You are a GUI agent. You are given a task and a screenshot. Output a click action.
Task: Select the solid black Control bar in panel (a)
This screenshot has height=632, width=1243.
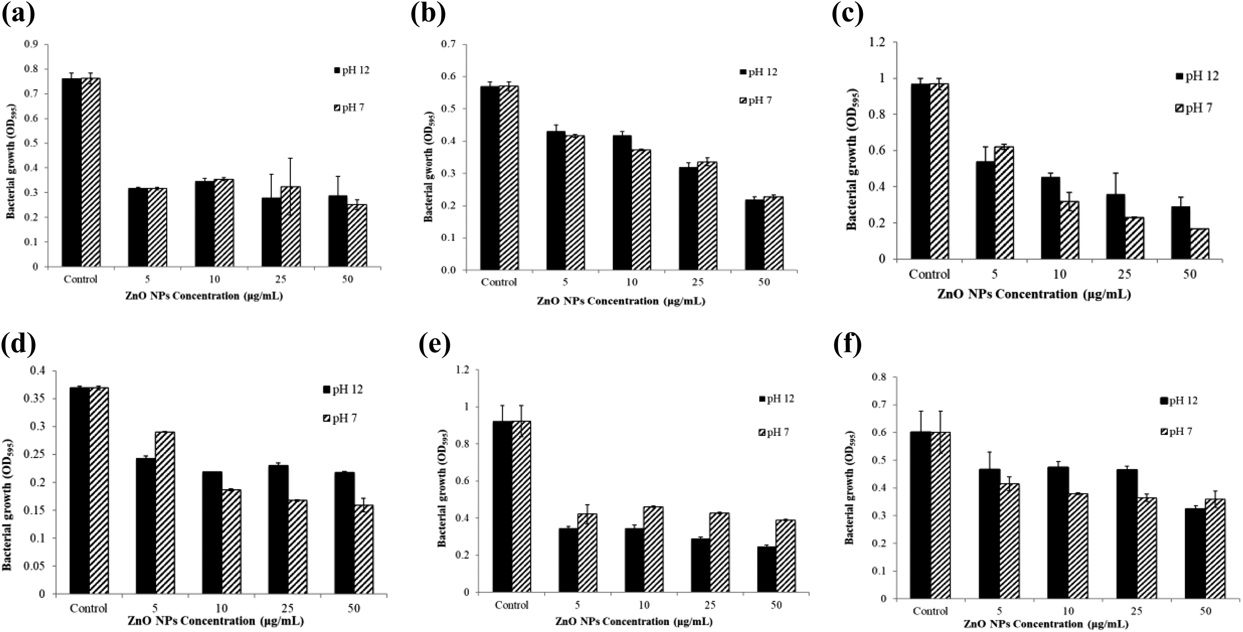(x=72, y=172)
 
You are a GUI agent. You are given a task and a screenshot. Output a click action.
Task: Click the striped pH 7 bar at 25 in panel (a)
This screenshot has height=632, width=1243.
(x=291, y=226)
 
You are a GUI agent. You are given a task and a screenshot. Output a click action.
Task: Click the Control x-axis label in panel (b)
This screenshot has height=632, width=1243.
(x=498, y=282)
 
